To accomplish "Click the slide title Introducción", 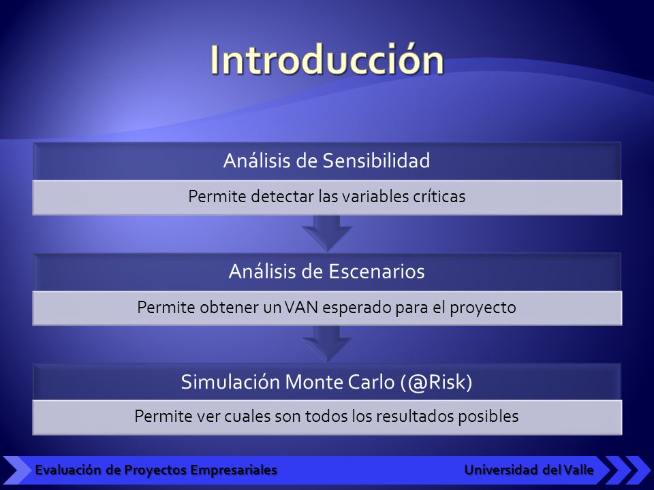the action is (x=326, y=60).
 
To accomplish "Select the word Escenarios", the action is (x=376, y=272).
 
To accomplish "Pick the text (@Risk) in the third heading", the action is (x=436, y=382).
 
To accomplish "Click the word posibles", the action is (x=488, y=416).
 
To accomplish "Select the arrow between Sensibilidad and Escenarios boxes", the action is (x=327, y=233).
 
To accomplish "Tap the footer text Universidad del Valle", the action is (x=529, y=470).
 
